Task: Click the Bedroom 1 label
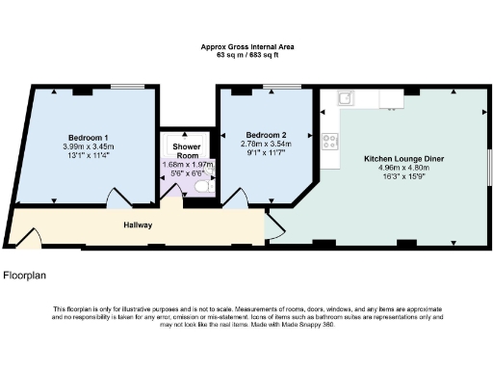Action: click(88, 136)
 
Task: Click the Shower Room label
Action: click(186, 150)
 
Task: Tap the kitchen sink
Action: click(344, 97)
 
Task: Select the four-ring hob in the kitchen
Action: click(328, 141)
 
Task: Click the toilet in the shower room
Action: click(201, 188)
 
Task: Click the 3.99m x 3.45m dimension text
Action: click(88, 146)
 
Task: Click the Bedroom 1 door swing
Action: click(119, 197)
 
